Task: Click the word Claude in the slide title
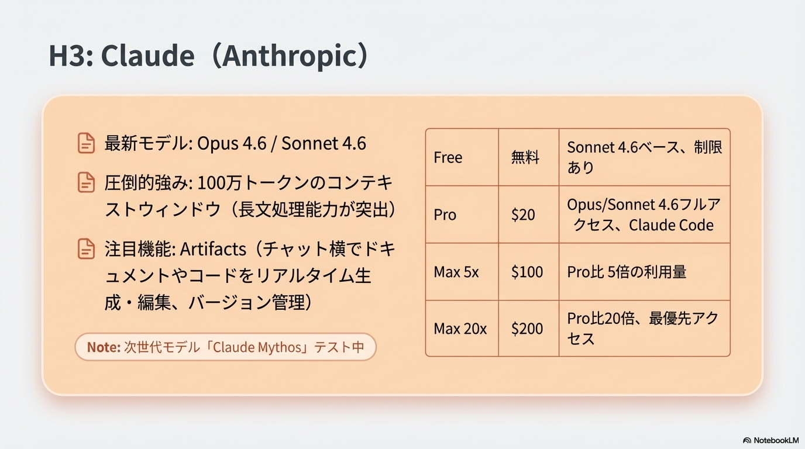(x=147, y=57)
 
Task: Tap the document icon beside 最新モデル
(x=86, y=143)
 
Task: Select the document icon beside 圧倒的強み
(x=86, y=182)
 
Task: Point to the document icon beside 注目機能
(x=86, y=250)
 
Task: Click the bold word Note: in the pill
(x=104, y=347)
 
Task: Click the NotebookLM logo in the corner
(x=770, y=440)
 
